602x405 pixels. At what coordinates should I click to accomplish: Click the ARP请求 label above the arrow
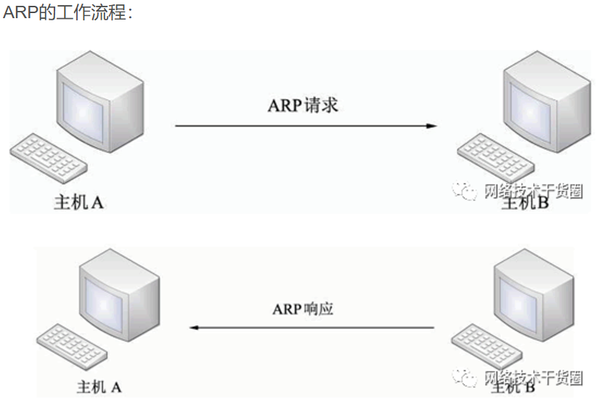pyautogui.click(x=303, y=105)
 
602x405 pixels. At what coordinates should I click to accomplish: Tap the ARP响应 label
pyautogui.click(x=303, y=309)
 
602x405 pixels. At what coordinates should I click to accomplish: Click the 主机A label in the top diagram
pyautogui.click(x=79, y=202)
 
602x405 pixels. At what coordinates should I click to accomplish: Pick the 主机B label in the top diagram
pyautogui.click(x=525, y=203)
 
